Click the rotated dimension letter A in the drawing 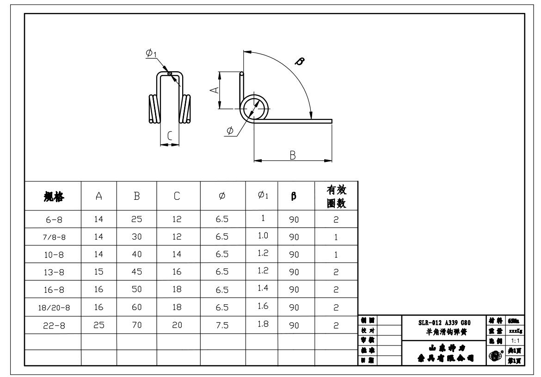[x=213, y=91]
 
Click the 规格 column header [x=53, y=196]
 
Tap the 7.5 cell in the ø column [x=223, y=326]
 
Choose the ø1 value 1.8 [x=261, y=325]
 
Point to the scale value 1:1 [x=515, y=339]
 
